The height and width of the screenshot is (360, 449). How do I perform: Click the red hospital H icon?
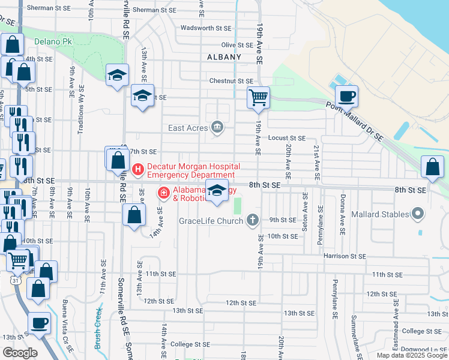click(x=138, y=170)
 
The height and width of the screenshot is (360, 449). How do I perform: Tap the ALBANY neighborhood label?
click(x=224, y=57)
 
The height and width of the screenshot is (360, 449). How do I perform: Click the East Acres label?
click(x=188, y=127)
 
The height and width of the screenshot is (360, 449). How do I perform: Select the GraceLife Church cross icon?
click(x=253, y=220)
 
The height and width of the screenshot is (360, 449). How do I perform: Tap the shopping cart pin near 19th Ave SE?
click(x=258, y=97)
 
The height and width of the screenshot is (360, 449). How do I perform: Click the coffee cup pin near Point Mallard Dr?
click(x=346, y=96)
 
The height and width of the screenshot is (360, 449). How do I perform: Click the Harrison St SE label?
click(x=345, y=256)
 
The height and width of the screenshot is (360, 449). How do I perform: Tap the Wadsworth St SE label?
click(x=206, y=28)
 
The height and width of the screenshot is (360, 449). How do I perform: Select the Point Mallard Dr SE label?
click(x=354, y=120)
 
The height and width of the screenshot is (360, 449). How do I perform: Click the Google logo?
click(x=20, y=353)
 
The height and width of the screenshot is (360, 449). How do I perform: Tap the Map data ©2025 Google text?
click(x=412, y=355)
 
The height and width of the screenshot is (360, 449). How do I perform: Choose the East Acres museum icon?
click(x=217, y=127)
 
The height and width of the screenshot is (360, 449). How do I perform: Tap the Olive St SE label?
click(x=237, y=45)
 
